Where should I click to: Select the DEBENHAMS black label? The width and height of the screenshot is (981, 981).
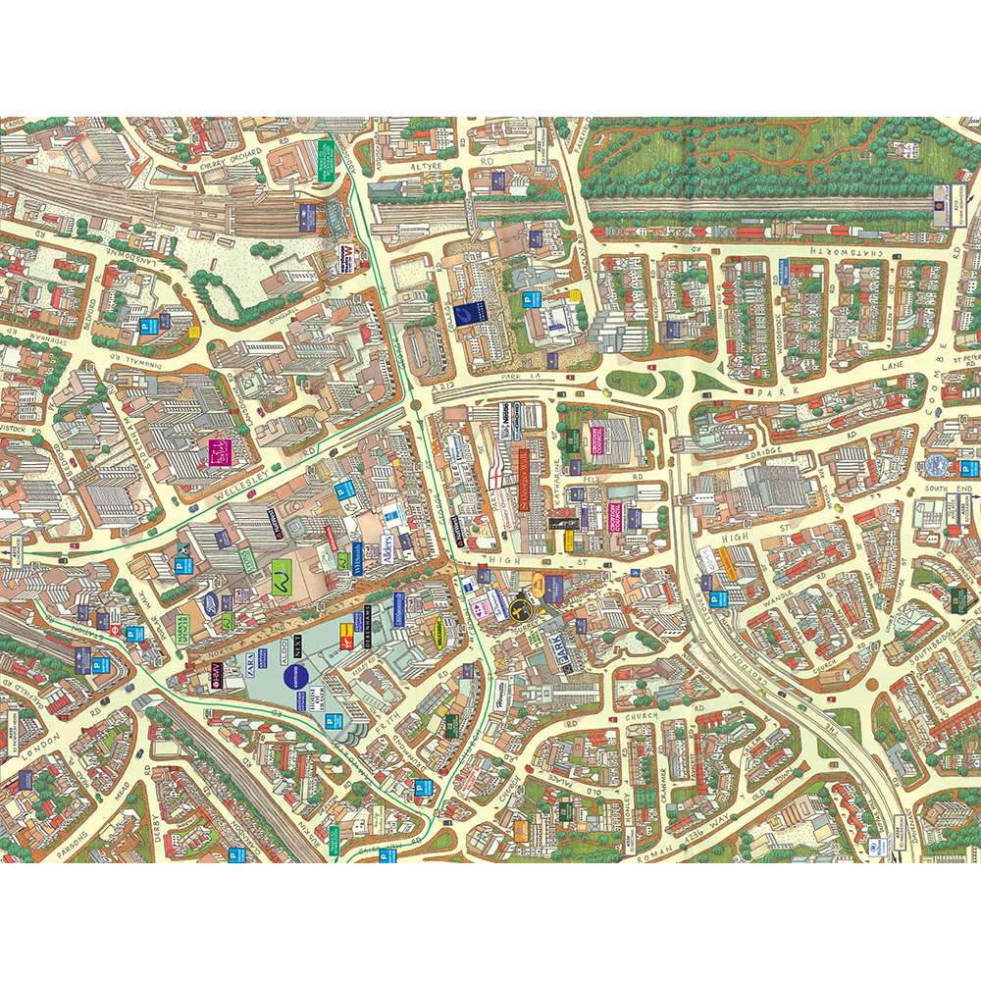tap(368, 617)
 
